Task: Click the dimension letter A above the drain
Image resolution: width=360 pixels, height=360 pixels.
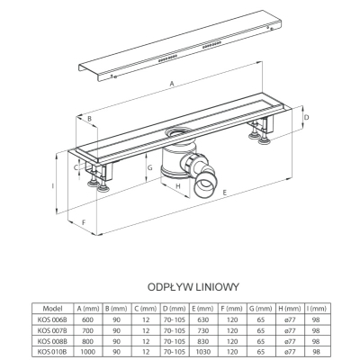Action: (172, 84)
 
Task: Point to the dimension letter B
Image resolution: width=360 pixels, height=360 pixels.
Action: (89, 119)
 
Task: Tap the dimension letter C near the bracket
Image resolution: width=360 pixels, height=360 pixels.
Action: (76, 167)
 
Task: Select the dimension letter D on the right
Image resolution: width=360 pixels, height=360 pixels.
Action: (306, 117)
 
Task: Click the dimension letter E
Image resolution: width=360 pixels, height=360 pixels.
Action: (224, 193)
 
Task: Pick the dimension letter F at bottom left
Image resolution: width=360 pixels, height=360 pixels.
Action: (84, 222)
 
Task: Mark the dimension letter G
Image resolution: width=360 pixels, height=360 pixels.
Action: (150, 167)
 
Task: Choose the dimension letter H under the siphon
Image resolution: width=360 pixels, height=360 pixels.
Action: (178, 186)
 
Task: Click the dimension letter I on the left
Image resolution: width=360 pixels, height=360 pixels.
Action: (53, 186)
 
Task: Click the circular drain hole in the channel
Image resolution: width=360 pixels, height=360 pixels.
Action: (178, 131)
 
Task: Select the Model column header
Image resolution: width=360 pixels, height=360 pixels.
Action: (52, 309)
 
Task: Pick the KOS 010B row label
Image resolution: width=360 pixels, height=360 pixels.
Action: (52, 352)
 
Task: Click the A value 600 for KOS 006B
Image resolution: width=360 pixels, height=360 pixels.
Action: (87, 319)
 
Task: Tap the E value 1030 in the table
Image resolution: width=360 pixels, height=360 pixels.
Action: (202, 352)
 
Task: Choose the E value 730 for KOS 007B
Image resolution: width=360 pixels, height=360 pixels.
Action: (202, 330)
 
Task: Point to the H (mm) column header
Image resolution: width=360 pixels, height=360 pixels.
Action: (289, 309)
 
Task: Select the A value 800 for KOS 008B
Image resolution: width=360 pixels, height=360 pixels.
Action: (87, 341)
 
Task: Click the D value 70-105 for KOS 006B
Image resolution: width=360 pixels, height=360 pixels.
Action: (175, 319)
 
